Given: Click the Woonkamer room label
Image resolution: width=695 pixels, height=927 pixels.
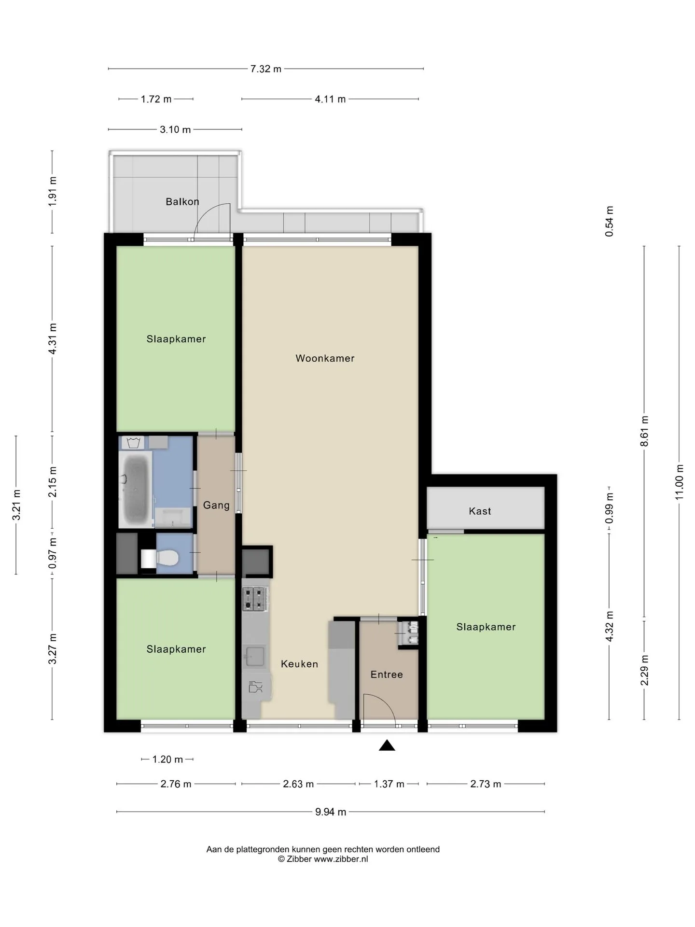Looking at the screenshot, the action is pyautogui.click(x=325, y=358).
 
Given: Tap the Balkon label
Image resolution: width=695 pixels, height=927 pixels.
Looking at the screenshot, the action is pyautogui.click(x=182, y=201).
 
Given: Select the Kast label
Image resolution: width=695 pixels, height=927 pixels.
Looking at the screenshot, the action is pyautogui.click(x=480, y=511).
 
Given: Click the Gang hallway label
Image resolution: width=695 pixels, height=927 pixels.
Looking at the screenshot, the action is pyautogui.click(x=216, y=506).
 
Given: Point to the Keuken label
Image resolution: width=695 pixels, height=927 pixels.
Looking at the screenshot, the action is pyautogui.click(x=299, y=664).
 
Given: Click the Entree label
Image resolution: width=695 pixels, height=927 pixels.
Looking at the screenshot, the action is pyautogui.click(x=387, y=674).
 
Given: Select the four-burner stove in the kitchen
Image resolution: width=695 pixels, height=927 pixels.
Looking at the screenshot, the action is pyautogui.click(x=255, y=599).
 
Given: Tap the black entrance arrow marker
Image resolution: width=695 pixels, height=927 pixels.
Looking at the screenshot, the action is pyautogui.click(x=387, y=745).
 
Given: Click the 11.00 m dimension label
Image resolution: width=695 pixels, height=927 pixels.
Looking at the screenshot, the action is pyautogui.click(x=680, y=482).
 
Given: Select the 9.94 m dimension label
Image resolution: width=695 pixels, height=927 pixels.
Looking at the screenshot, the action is pyautogui.click(x=331, y=812).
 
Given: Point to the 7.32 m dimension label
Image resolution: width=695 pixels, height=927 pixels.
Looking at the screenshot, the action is pyautogui.click(x=265, y=69).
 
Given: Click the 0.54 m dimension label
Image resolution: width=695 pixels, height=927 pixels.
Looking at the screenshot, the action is pyautogui.click(x=610, y=221).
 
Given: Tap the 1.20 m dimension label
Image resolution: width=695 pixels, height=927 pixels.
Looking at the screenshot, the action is pyautogui.click(x=167, y=759).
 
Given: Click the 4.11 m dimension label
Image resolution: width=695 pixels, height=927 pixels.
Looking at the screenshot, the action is pyautogui.click(x=330, y=99).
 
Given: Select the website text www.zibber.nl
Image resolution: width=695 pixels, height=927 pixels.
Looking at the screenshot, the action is pyautogui.click(x=341, y=859).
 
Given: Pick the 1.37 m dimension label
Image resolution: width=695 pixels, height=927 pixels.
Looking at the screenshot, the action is pyautogui.click(x=389, y=784).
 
